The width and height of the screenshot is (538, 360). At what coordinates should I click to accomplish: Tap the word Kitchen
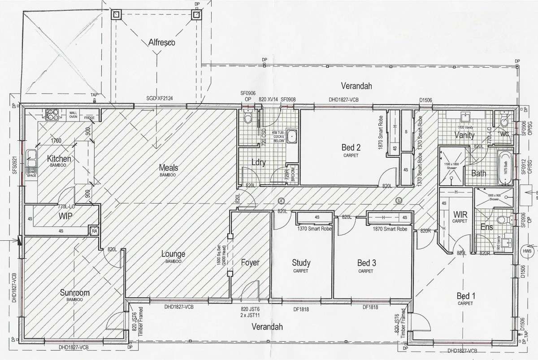[59, 159]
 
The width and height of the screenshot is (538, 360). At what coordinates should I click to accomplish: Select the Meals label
[168, 168]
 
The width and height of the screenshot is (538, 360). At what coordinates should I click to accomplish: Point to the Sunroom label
[74, 293]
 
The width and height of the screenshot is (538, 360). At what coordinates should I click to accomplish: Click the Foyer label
[250, 262]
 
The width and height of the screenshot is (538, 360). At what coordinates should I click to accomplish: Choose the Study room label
[301, 263]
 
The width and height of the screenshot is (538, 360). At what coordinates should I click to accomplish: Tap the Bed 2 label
[351, 147]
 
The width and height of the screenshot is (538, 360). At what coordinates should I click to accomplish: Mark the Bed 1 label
[466, 296]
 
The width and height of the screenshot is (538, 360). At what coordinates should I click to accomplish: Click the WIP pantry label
[65, 216]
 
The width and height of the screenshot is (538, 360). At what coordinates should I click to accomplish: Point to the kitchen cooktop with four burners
[50, 114]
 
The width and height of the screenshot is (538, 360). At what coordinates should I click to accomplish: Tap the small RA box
[94, 231]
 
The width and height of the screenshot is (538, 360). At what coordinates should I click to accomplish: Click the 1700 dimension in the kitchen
[56, 141]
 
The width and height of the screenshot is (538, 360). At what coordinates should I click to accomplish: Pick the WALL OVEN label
[73, 114]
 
